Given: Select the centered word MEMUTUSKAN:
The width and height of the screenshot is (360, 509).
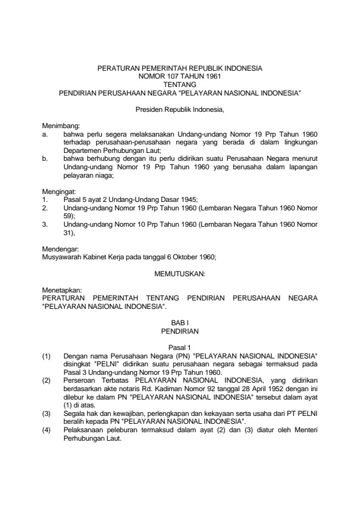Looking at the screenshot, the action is tap(180, 274).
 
